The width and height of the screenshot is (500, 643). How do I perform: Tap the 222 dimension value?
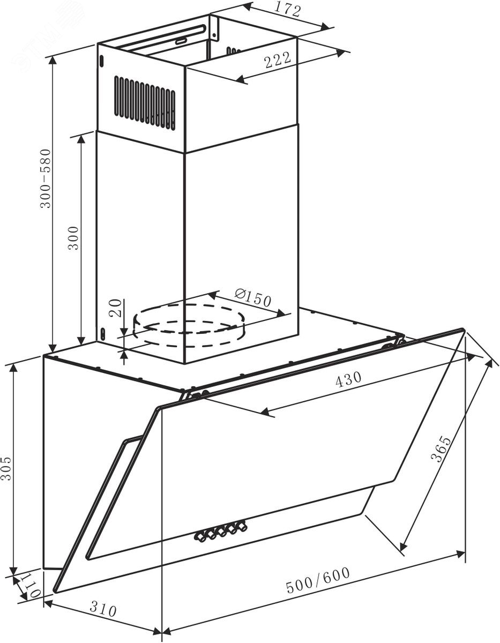pyautogui.click(x=277, y=61)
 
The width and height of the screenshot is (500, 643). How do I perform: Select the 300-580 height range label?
pyautogui.click(x=46, y=178)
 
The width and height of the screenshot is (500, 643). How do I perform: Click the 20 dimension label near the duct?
pyautogui.click(x=116, y=308)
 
